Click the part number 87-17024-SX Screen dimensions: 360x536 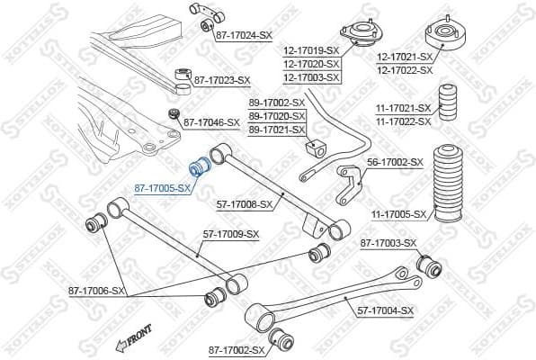(244, 34)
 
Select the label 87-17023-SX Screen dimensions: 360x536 (221, 80)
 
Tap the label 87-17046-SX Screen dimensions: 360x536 (211, 121)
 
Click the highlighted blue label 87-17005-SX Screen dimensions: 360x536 (163, 188)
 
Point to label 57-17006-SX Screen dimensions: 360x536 (245, 204)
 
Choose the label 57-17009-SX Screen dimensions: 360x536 (230, 234)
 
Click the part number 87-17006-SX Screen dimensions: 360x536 (97, 291)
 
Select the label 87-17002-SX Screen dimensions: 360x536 (237, 349)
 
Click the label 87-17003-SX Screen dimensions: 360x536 (389, 243)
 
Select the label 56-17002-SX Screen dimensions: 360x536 (395, 162)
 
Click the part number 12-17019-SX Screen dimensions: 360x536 (310, 51)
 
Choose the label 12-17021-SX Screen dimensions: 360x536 (404, 57)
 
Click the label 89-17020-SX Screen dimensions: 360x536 (277, 116)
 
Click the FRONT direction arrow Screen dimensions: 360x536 (131, 342)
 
